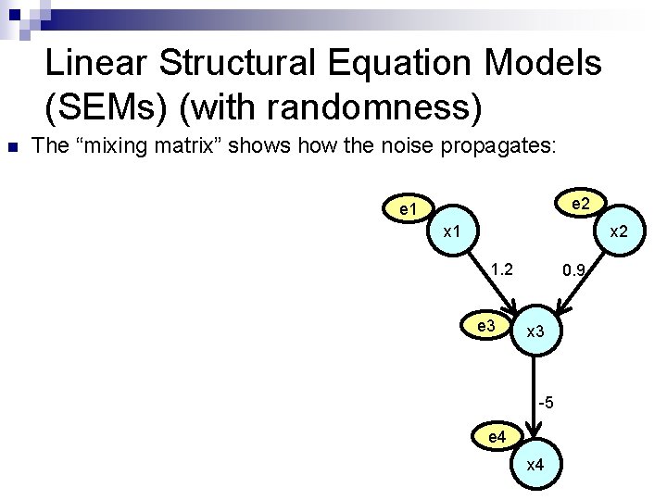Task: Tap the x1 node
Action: tap(453, 231)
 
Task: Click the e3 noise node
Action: tap(485, 326)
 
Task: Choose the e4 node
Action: tap(496, 435)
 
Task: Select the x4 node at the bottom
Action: tap(535, 465)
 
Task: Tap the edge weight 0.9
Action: tap(573, 271)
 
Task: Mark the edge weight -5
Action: tap(546, 402)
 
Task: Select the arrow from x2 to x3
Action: tap(581, 287)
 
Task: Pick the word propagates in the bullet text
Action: tap(508, 145)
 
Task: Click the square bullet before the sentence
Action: tap(10, 146)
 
